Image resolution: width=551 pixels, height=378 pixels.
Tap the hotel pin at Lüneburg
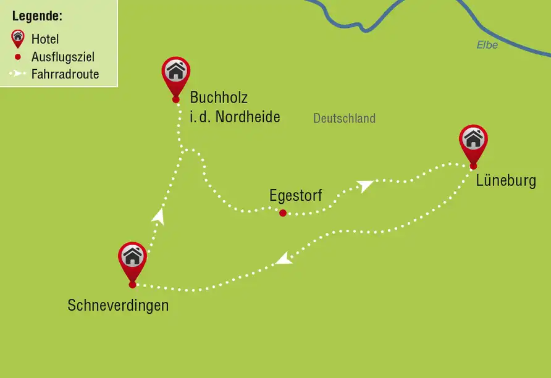[x=473, y=140]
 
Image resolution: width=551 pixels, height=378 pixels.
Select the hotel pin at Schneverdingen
[x=132, y=258]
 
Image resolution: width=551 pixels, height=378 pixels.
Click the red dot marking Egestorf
[x=282, y=213]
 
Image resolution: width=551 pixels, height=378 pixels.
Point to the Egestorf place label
[x=295, y=196]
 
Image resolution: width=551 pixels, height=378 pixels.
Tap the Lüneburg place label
[x=506, y=181]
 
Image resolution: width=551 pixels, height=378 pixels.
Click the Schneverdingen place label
[x=118, y=305]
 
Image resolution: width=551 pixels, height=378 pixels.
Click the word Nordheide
[x=247, y=116]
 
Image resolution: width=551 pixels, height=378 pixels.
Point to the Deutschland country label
[x=344, y=119]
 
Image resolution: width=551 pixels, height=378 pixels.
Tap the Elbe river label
[x=487, y=45]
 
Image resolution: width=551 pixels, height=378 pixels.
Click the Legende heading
[x=37, y=16]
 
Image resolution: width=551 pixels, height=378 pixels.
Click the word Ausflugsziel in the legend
[x=63, y=57]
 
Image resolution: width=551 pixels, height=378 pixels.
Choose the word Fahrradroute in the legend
[x=65, y=75]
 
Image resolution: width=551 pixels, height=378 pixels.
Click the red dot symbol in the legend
[x=18, y=57]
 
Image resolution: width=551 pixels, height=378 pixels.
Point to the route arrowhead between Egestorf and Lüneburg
[x=365, y=185]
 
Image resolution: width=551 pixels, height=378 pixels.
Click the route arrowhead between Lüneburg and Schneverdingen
[x=283, y=259]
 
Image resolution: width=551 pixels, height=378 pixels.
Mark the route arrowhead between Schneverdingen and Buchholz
[x=159, y=215]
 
